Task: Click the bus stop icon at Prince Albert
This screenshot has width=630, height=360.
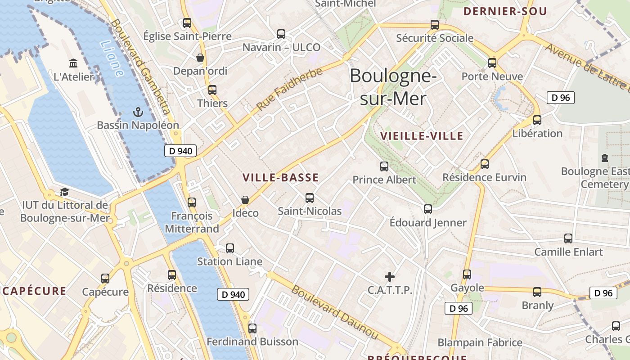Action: coord(384,166)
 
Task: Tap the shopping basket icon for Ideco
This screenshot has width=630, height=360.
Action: coord(245,199)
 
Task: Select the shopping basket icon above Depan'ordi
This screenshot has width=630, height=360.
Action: coord(200,58)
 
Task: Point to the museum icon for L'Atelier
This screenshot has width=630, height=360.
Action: coord(73,63)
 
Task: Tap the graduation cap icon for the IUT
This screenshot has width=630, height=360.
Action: coord(65,192)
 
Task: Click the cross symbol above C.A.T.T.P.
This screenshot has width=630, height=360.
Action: coord(390,276)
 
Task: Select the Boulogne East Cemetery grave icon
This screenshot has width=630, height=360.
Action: coord(605,158)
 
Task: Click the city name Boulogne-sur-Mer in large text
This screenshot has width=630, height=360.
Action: coord(393,86)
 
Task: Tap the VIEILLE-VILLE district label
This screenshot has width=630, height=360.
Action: coord(422,136)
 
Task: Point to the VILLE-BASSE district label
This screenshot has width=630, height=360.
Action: coord(280,178)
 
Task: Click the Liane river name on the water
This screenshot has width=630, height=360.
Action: coord(111,58)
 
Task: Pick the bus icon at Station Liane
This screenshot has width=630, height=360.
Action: coord(230,248)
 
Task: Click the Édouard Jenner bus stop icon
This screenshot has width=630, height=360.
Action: coord(428,209)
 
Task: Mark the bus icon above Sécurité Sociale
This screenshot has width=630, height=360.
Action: coord(435,25)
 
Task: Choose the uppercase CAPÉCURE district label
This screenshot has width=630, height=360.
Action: coord(34,291)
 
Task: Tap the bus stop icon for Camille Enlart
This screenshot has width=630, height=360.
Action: coord(568,238)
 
